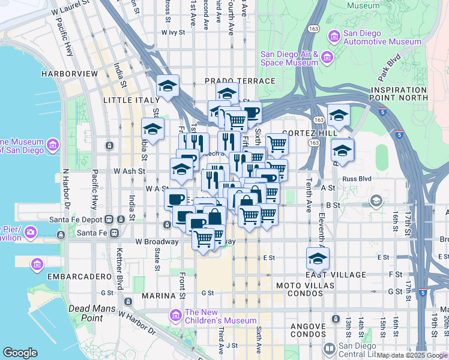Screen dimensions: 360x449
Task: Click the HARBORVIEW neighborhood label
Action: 69,73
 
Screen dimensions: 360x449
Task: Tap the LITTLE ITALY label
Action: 128,100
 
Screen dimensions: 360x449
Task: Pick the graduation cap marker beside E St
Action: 318,259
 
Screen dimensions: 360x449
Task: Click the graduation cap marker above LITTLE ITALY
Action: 167,86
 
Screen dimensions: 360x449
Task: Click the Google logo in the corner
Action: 20,353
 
